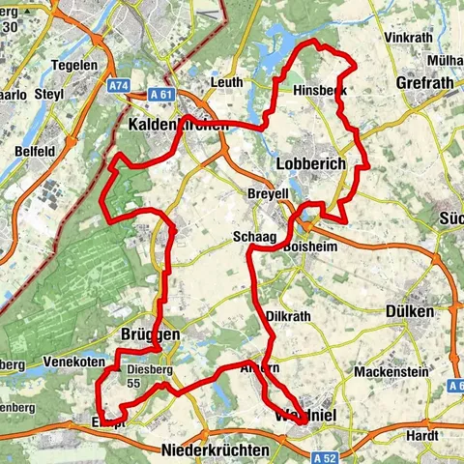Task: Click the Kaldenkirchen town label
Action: click(179, 126)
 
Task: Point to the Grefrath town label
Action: click(423, 83)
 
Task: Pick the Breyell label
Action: click(269, 193)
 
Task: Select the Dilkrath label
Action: click(286, 316)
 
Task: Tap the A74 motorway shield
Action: click(119, 86)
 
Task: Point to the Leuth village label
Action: click(226, 83)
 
